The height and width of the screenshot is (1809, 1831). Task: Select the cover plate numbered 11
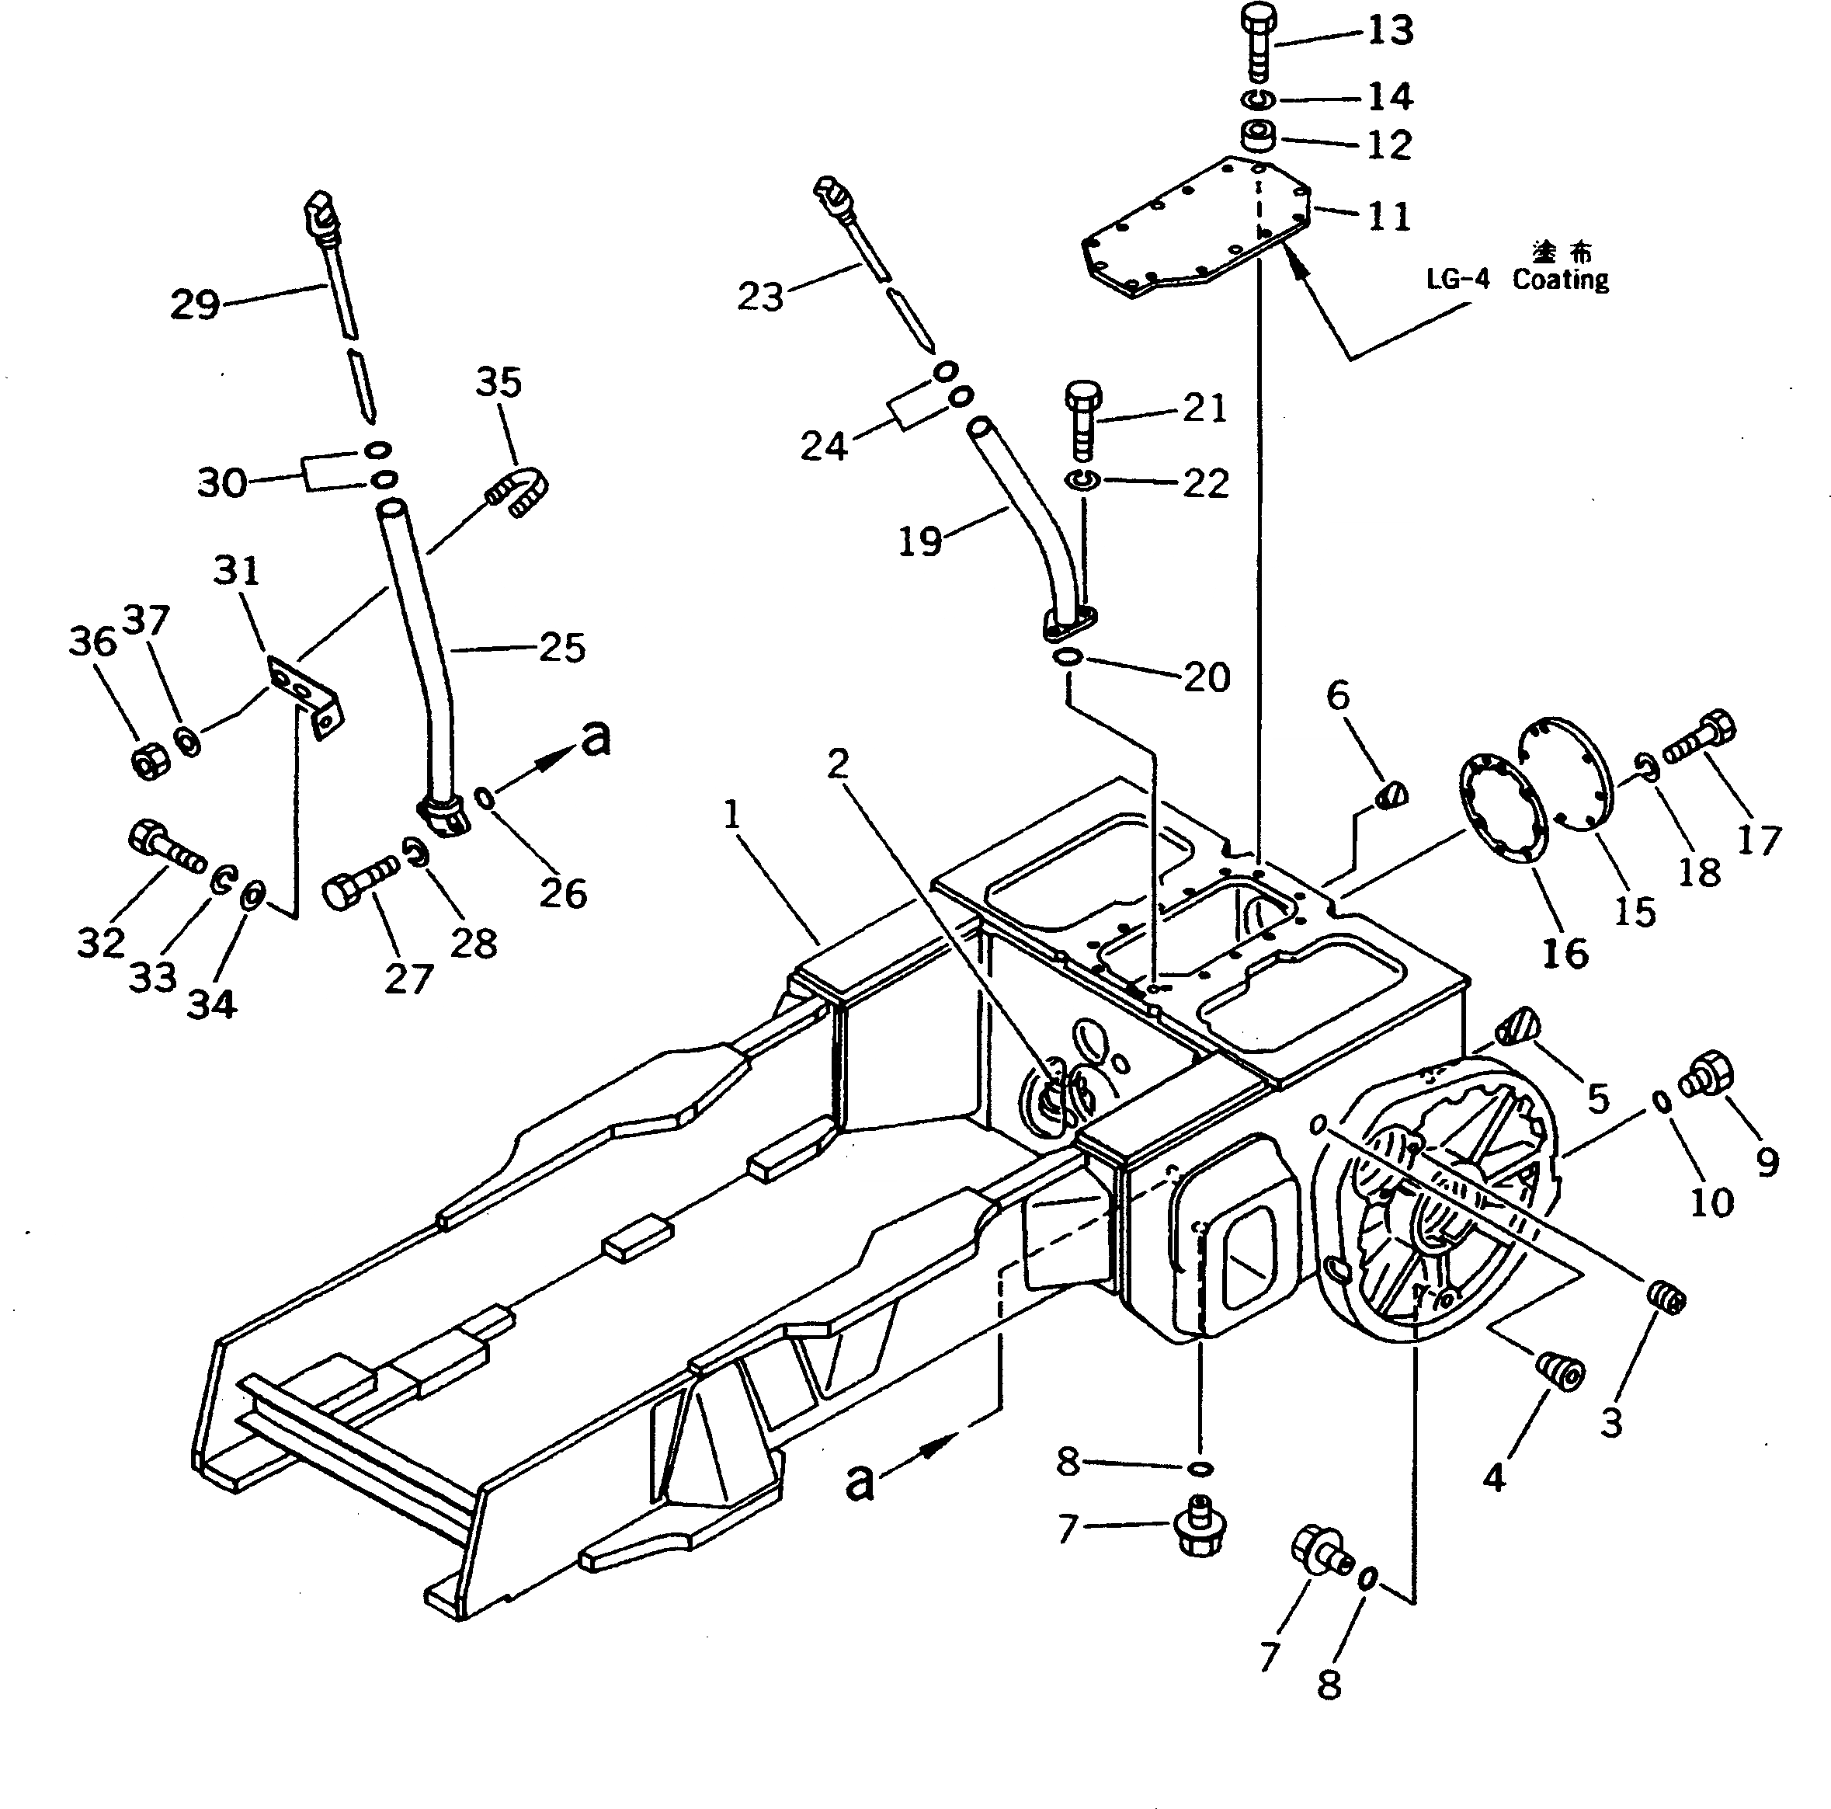[x=1196, y=228]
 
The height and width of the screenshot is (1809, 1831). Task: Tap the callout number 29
[x=194, y=304]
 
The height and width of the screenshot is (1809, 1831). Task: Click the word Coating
[x=1560, y=280]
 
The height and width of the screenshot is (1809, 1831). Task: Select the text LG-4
[x=1458, y=280]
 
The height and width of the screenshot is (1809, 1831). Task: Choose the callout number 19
[x=919, y=541]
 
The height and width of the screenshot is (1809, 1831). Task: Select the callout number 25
[x=562, y=648]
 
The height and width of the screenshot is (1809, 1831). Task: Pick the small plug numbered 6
[x=1392, y=792]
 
